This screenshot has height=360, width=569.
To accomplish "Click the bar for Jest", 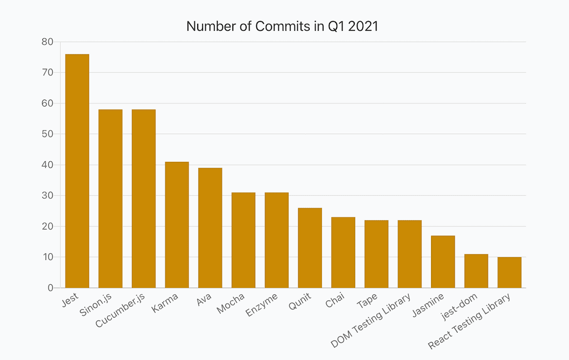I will pyautogui.click(x=77, y=171).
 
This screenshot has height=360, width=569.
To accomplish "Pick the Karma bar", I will pyautogui.click(x=176, y=225).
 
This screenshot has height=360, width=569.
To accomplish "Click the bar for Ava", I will pyautogui.click(x=210, y=228).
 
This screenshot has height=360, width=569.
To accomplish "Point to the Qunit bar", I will pyautogui.click(x=310, y=248).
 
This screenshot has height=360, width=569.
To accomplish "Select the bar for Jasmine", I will pyautogui.click(x=443, y=262).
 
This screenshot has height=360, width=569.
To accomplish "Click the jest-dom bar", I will pyautogui.click(x=476, y=271).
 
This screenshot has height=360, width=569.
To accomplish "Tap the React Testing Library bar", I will pyautogui.click(x=509, y=272).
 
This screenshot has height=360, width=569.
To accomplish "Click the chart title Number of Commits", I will pyautogui.click(x=282, y=26).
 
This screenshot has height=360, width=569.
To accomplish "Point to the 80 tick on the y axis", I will pyautogui.click(x=47, y=42).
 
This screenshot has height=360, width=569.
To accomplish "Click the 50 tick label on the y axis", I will pyautogui.click(x=47, y=134).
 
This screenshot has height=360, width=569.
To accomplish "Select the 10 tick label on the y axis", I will pyautogui.click(x=47, y=257).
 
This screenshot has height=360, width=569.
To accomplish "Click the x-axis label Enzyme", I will pyautogui.click(x=261, y=307).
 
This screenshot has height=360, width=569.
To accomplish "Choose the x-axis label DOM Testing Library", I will pyautogui.click(x=371, y=321).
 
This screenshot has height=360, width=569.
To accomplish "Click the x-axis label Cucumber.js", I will pyautogui.click(x=120, y=311).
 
